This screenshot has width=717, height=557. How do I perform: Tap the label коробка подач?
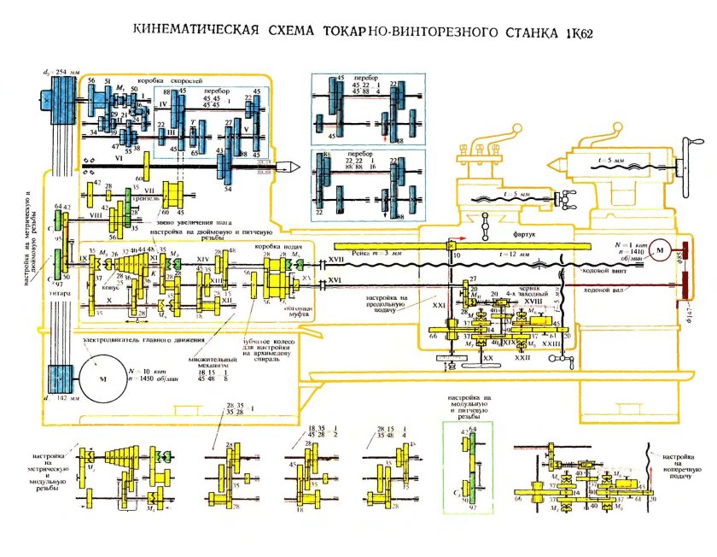[x=277, y=246]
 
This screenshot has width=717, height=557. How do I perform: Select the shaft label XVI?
[x=335, y=279]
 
